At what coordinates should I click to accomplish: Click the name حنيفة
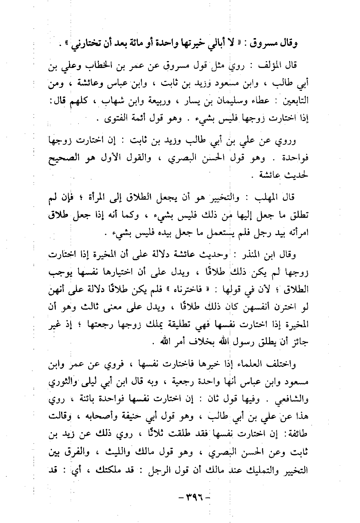[143, 417]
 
